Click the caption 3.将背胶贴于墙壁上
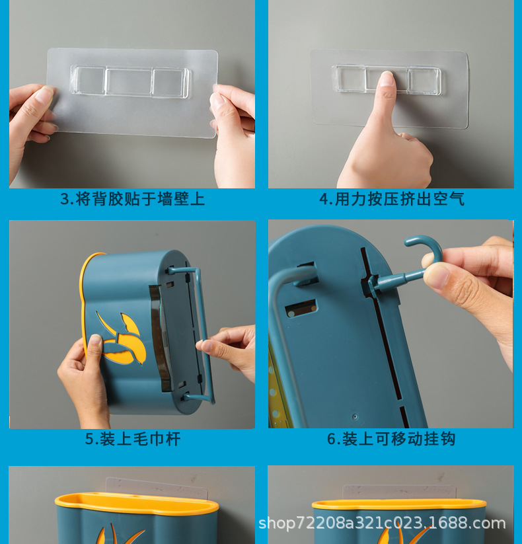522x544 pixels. click(132, 199)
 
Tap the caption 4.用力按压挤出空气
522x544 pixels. click(392, 199)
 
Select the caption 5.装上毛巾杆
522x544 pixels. click(132, 439)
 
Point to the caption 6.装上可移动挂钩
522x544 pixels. click(391, 439)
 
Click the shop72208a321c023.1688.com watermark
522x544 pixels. click(382, 524)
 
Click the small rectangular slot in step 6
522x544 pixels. click(301, 308)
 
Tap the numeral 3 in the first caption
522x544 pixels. click(64, 199)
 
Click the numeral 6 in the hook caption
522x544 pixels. click(332, 439)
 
